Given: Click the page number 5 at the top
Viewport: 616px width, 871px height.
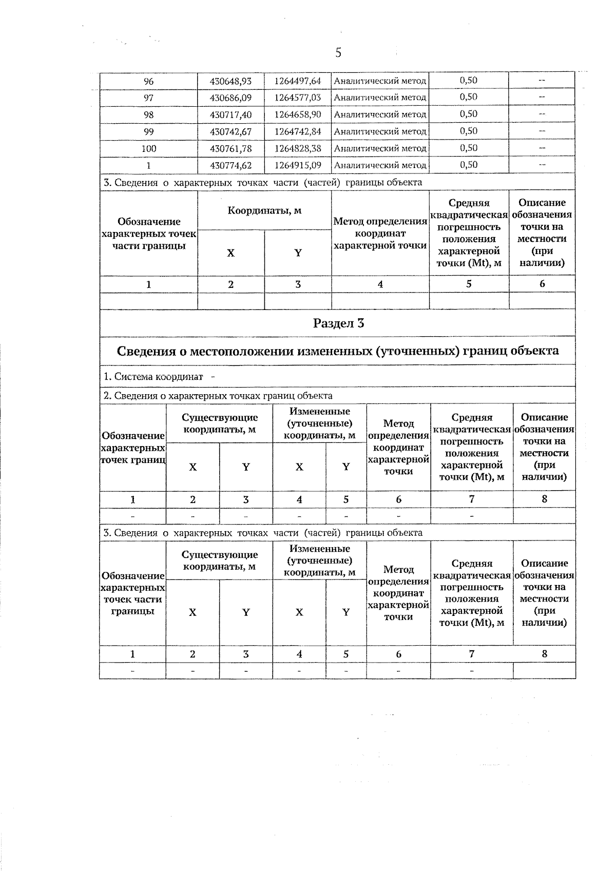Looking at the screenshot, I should coord(338,52).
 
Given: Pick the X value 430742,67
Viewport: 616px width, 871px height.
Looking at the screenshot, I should coord(230,132).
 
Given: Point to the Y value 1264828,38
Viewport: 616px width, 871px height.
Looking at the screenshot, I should coord(298,149).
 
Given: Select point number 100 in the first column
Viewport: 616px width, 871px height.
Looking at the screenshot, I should coord(148,149).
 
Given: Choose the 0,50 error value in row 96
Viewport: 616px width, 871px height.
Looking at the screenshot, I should coord(469,81).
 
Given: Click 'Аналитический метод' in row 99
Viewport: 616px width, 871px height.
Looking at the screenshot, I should coord(380,132).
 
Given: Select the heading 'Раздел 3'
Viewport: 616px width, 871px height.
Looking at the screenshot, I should coord(338,323).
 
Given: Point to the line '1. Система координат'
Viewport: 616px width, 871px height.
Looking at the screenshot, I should coord(153,377).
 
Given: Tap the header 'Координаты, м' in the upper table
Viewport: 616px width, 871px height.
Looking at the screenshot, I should coord(264,210).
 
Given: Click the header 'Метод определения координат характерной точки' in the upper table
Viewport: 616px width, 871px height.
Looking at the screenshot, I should coord(380,234).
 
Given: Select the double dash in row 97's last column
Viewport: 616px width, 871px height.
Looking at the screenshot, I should coord(542,98).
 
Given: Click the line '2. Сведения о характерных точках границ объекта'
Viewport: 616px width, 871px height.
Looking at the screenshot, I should coord(218,396).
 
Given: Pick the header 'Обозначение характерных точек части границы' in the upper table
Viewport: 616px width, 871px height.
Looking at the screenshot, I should coord(149,234).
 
